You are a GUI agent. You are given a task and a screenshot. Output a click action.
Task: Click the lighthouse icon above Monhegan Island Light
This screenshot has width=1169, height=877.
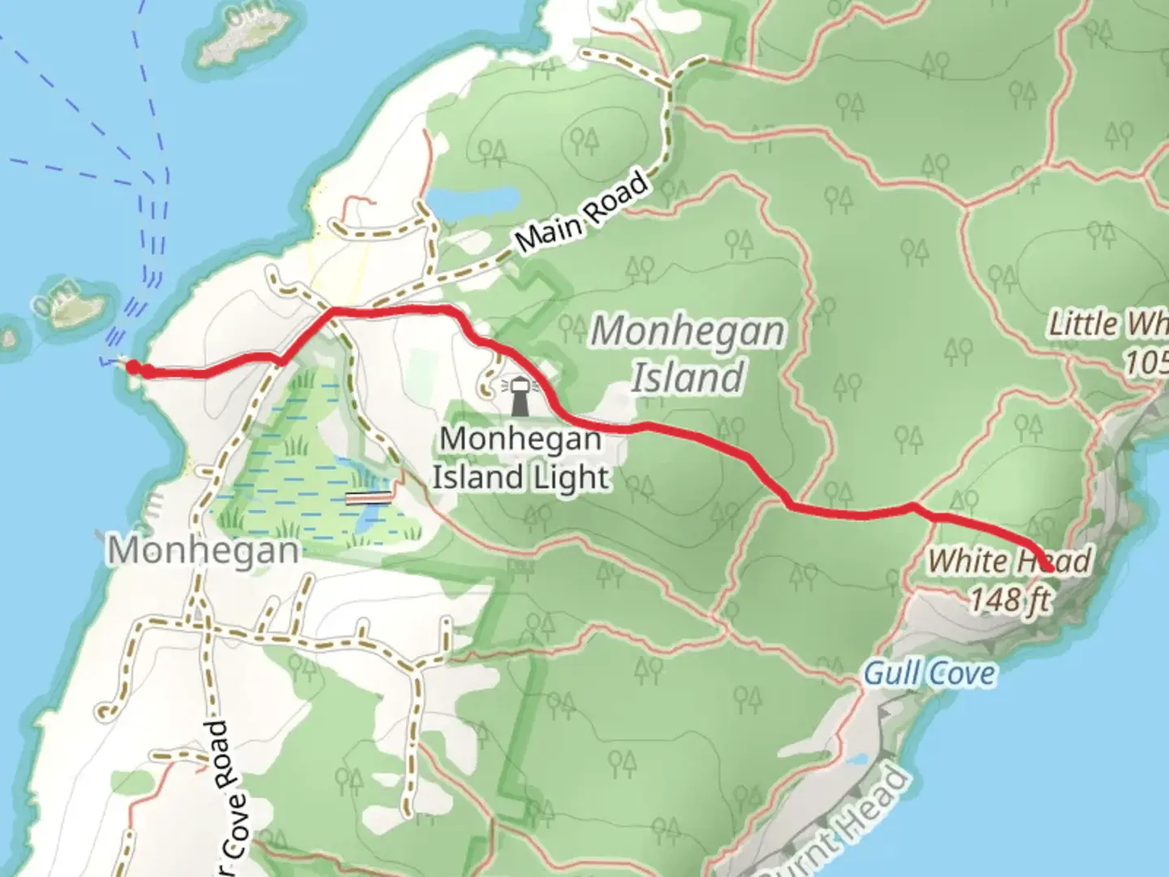(x=520, y=396)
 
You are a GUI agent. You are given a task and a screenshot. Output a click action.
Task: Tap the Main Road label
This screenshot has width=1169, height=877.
(x=583, y=212)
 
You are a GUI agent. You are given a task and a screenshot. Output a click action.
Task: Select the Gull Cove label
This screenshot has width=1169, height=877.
(x=929, y=673)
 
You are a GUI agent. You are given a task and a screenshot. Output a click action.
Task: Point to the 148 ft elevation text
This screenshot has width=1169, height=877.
(x=1010, y=601)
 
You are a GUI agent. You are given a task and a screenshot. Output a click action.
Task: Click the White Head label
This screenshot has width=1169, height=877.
(x=1009, y=561)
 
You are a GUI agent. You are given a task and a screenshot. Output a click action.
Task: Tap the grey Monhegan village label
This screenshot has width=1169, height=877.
(x=204, y=551)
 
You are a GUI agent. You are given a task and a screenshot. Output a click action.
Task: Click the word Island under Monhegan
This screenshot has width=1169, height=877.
(x=688, y=378)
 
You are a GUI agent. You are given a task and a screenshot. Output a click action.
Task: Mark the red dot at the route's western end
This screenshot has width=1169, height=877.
(x=133, y=368)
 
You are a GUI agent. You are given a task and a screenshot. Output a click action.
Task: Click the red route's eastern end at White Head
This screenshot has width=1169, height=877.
(x=1048, y=568)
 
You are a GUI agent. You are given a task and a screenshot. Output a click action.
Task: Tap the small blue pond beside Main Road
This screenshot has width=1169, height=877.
(x=474, y=199)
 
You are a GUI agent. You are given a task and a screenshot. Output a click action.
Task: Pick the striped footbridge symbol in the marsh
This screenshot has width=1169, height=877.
(x=369, y=497)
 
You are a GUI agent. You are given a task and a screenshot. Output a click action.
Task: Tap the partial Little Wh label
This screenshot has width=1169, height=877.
(x=1107, y=324)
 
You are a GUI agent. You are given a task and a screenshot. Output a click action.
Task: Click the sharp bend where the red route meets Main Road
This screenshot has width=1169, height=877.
(x=334, y=311)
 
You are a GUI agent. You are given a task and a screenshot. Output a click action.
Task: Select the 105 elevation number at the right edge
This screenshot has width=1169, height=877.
(x=1146, y=362)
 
